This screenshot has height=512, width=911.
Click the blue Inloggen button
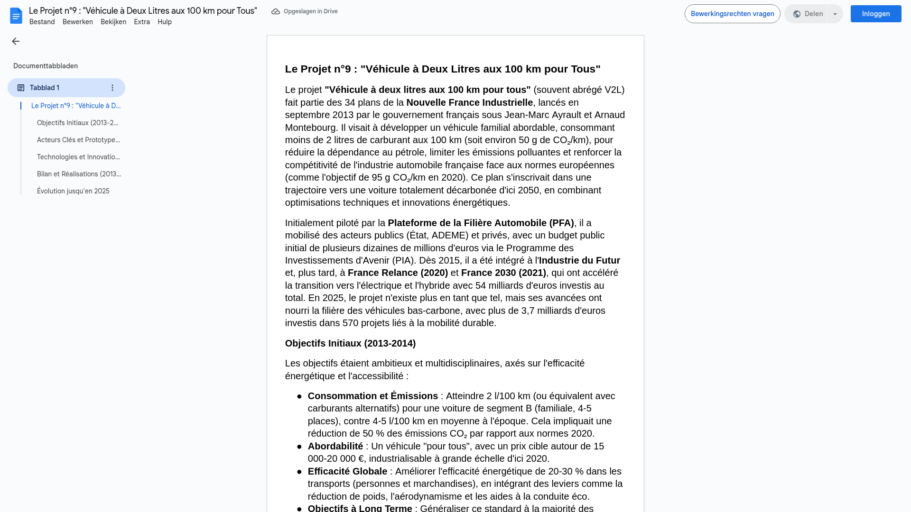pyautogui.click(x=875, y=14)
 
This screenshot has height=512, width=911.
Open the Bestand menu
pyautogui.click(x=42, y=22)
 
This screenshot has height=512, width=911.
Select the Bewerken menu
pyautogui.click(x=78, y=22)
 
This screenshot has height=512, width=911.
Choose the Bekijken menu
pyautogui.click(x=113, y=22)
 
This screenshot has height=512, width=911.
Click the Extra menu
pyautogui.click(x=142, y=22)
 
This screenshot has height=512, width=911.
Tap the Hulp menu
pyautogui.click(x=165, y=22)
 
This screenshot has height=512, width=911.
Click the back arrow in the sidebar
pyautogui.click(x=16, y=41)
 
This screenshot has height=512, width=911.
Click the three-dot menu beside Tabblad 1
pyautogui.click(x=112, y=88)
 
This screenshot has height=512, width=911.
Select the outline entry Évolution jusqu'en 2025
pyautogui.click(x=73, y=191)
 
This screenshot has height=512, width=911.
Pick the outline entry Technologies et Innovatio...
pyautogui.click(x=78, y=157)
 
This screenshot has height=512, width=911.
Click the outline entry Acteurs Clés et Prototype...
pyautogui.click(x=78, y=140)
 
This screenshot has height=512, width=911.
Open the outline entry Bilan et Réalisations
pyautogui.click(x=79, y=174)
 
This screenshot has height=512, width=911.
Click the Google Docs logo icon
pyautogui.click(x=16, y=16)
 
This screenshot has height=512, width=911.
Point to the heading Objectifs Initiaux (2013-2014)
pyautogui.click(x=350, y=343)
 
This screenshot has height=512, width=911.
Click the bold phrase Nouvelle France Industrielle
pyautogui.click(x=469, y=102)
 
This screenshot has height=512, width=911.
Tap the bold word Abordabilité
pyautogui.click(x=335, y=446)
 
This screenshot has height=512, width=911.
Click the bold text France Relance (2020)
pyautogui.click(x=398, y=273)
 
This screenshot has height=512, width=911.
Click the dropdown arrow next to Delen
pyautogui.click(x=835, y=14)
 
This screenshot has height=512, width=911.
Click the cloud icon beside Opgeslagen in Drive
pyautogui.click(x=276, y=11)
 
